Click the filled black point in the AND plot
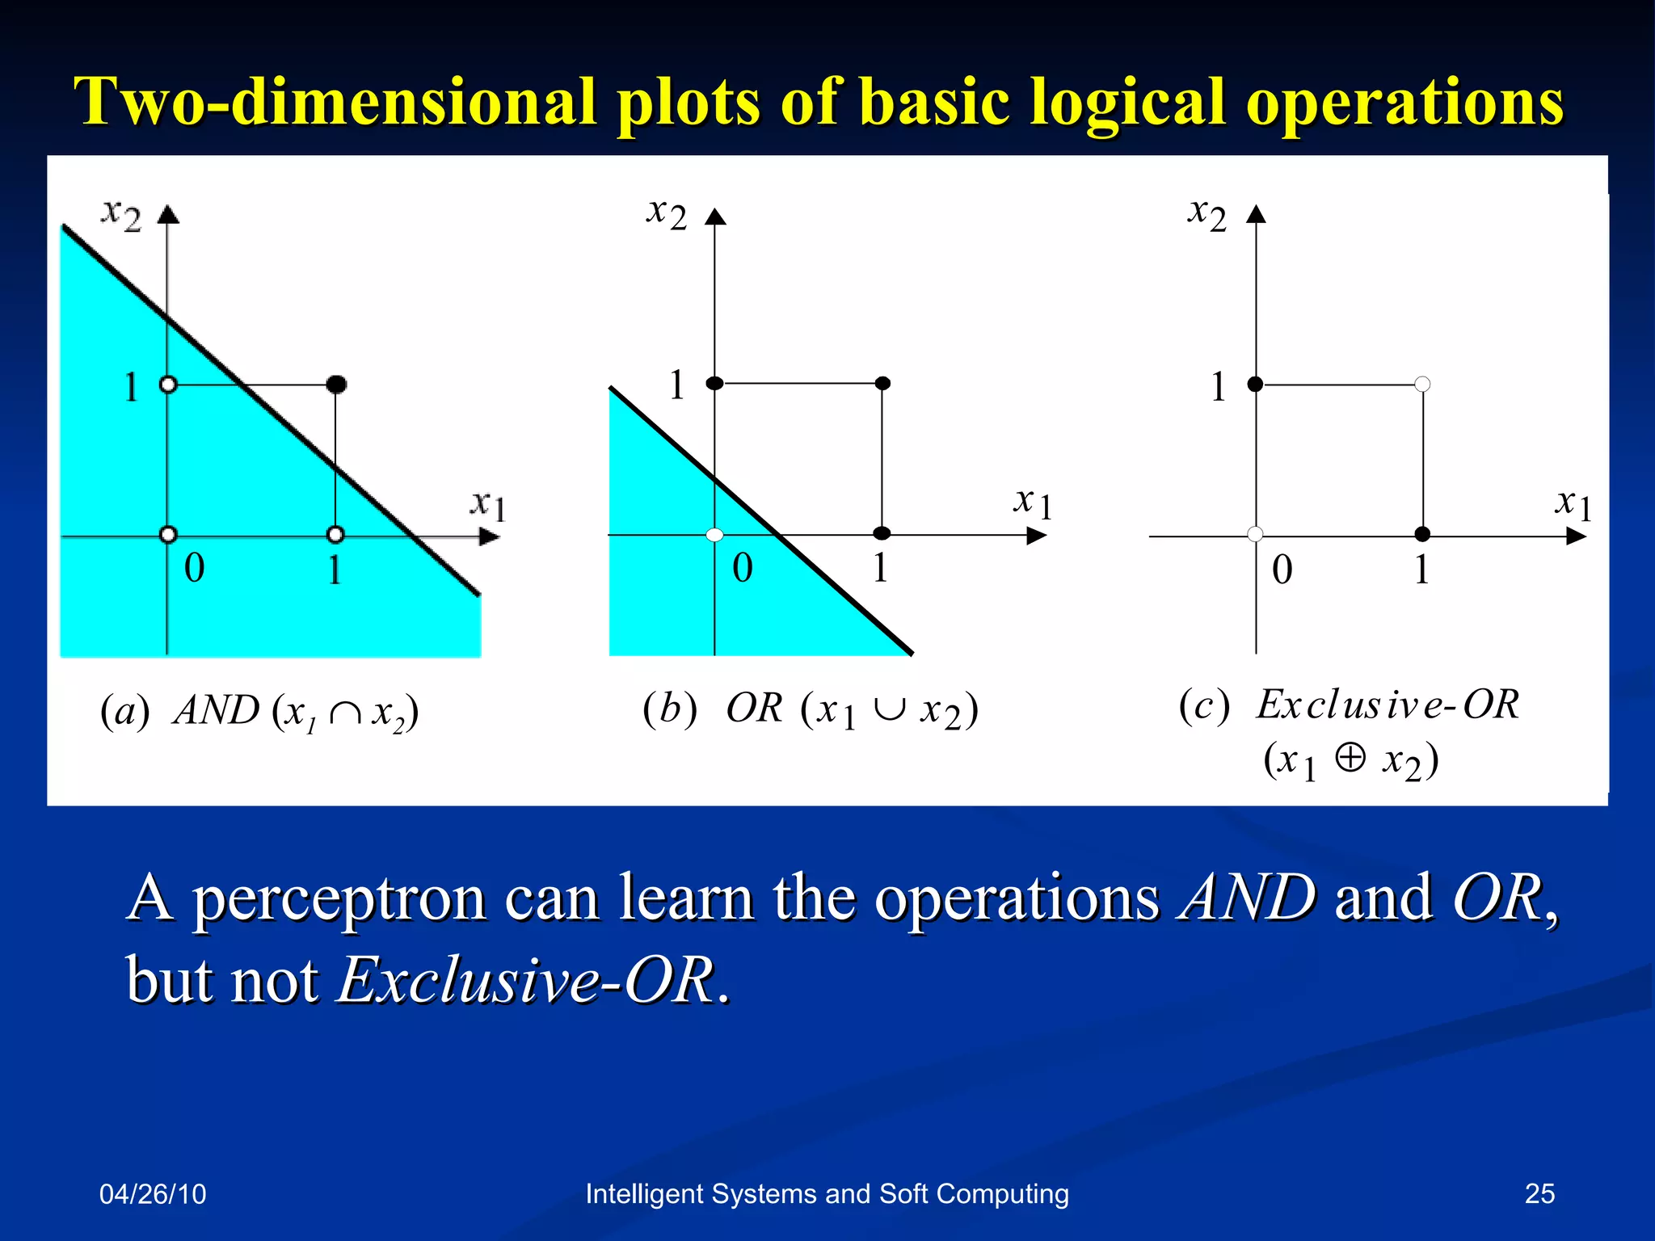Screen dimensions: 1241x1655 [x=336, y=385]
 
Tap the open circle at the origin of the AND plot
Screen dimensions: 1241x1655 [x=168, y=534]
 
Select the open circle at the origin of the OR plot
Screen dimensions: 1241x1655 [x=714, y=535]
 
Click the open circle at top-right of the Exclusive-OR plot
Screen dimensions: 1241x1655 [x=1422, y=385]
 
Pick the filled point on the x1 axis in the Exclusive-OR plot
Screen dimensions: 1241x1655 [x=1422, y=534]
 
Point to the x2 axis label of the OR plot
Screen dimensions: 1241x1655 [x=667, y=214]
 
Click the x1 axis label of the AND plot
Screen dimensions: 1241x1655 [x=488, y=505]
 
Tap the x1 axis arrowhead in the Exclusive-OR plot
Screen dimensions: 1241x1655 [x=1576, y=536]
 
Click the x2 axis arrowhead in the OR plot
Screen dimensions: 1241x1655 [x=715, y=217]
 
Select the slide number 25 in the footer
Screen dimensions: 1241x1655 [x=1539, y=1193]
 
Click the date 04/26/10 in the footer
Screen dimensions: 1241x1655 [x=153, y=1193]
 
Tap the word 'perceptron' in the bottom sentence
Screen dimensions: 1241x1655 [x=339, y=898]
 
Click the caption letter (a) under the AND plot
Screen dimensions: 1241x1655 [x=124, y=711]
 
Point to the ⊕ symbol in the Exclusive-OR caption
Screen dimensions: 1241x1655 [x=1350, y=758]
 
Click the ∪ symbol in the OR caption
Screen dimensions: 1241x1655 [x=889, y=709]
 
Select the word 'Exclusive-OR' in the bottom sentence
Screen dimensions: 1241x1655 [x=525, y=980]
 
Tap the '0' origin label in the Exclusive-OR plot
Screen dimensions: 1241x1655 [x=1282, y=570]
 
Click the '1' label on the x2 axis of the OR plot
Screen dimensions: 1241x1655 [x=677, y=385]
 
